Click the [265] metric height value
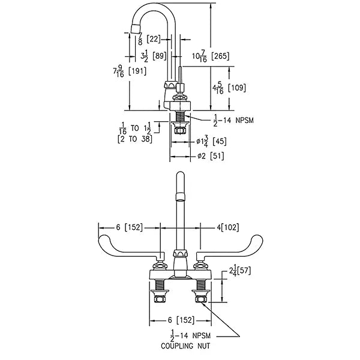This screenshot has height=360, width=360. click(220, 56)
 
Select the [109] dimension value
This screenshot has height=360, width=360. click(237, 88)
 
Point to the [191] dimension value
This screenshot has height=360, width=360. click(137, 71)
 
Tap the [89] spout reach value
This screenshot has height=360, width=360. click(160, 56)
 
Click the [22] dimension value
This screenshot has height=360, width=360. click(154, 39)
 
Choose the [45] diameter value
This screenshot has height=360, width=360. click(220, 141)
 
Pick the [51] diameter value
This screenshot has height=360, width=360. click(217, 156)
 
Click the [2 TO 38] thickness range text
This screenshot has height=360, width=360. click(135, 139)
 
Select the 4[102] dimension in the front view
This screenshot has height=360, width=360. click(228, 227)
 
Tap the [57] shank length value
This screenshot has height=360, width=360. click(244, 271)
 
